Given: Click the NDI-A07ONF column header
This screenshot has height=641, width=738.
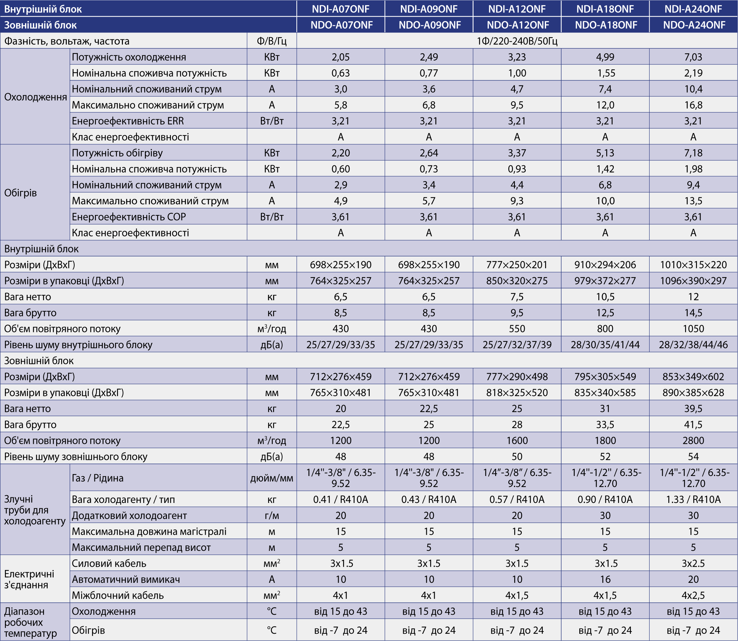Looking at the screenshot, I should coord(340,9).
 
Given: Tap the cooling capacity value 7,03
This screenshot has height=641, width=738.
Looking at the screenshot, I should coord(693,57).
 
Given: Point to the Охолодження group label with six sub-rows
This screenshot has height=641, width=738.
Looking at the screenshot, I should coord(35,97).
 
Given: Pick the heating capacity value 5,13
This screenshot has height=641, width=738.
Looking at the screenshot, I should coord(605,153).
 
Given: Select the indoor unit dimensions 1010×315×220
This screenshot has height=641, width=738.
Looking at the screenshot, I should coord(693,265).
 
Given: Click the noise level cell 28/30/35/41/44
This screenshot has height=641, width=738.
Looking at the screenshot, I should coord(605,345).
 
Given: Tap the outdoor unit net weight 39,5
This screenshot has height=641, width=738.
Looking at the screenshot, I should coord(693,409).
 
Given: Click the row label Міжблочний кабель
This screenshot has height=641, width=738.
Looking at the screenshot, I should coord(118,595).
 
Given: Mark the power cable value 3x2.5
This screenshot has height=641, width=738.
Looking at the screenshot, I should coord(693,563).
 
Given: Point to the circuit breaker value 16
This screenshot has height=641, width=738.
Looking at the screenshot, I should coord(605,579).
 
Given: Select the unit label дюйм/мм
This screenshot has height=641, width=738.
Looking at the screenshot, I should coord(272,478).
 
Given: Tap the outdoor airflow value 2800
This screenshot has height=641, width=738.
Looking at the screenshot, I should coord(693,440).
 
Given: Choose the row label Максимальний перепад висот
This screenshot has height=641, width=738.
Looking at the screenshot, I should coord(141,547).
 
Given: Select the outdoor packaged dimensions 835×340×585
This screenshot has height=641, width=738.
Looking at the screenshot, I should coord(605,393).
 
